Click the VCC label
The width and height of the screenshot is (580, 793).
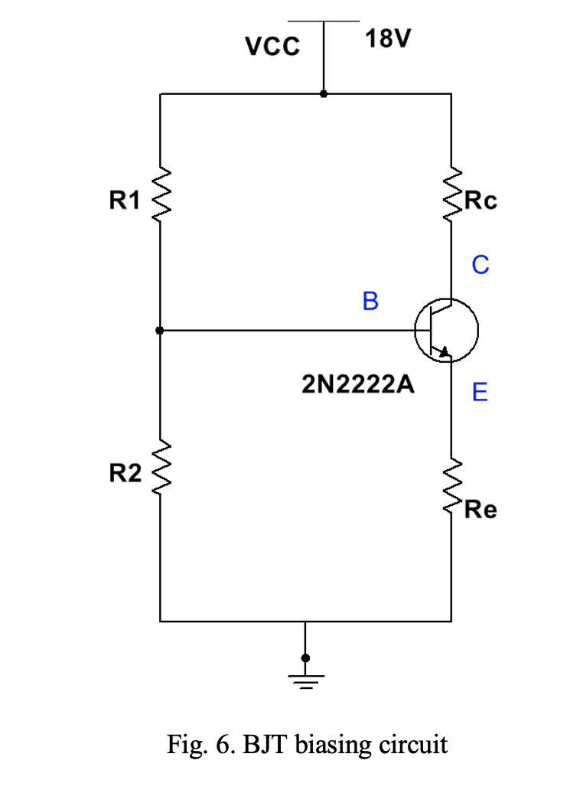click(x=272, y=47)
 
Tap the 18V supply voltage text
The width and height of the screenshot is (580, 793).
click(x=387, y=38)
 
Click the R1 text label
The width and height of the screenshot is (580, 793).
click(x=125, y=201)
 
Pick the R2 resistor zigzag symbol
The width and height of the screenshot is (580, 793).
click(x=160, y=471)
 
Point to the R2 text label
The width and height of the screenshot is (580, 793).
click(x=125, y=474)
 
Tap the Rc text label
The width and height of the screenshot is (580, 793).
click(x=481, y=201)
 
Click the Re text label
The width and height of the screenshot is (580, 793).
click(x=481, y=509)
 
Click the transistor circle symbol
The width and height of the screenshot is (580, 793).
click(x=446, y=331)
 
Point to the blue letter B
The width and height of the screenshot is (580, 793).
click(x=370, y=302)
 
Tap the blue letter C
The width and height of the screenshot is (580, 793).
click(x=480, y=265)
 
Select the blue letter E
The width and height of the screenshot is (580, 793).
click(x=480, y=393)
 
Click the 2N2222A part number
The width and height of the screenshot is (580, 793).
click(x=358, y=385)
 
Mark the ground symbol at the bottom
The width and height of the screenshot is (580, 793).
click(x=305, y=677)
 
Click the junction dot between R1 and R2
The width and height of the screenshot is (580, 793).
click(x=159, y=331)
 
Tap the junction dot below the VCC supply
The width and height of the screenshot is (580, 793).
click(x=324, y=94)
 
